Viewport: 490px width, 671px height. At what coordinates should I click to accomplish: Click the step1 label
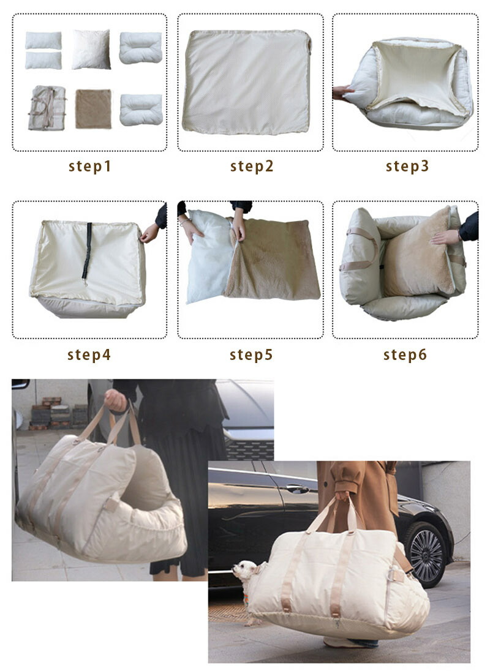[x=90, y=166]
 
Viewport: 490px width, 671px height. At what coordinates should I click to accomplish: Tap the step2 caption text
[x=252, y=166]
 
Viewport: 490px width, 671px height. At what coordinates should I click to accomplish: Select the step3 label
[x=407, y=166]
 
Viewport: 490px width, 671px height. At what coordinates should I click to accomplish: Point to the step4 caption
[x=89, y=354]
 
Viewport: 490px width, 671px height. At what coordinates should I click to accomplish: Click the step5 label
[x=251, y=354]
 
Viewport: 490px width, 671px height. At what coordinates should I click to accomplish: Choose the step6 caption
[x=405, y=354]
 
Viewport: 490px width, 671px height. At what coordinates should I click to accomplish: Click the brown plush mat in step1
[x=93, y=109]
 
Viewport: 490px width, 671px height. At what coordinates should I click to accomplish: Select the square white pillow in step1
[x=91, y=49]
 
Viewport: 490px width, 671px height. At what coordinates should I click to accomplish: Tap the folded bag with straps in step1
[x=47, y=108]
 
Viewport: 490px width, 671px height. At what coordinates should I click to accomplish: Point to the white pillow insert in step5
[x=209, y=257]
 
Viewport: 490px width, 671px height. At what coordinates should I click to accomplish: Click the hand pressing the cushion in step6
[x=445, y=237]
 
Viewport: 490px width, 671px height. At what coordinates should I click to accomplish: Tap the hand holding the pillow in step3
[x=342, y=92]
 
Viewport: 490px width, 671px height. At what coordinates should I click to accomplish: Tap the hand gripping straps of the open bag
[x=116, y=400]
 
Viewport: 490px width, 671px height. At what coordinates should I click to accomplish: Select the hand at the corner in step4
[x=149, y=233]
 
